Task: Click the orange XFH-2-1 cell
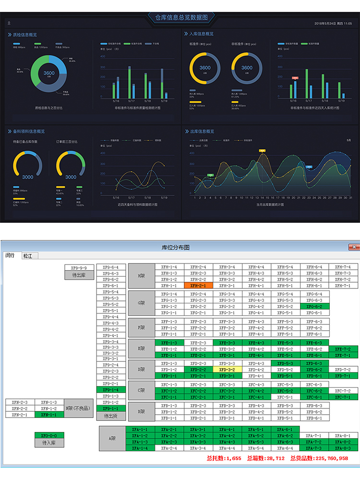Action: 198,286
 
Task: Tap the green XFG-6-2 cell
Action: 314,306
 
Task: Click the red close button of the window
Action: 354,247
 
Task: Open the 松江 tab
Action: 29,256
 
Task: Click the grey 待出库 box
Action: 79,275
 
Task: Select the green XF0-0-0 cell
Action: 49,436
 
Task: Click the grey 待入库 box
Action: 49,443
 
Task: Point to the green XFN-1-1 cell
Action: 49,415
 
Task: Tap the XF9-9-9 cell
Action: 79,268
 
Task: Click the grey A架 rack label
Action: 112,439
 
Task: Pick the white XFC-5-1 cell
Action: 285,397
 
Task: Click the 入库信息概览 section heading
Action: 201,34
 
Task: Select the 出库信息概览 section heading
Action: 201,131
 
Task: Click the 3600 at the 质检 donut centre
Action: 49,73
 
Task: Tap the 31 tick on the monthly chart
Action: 351,197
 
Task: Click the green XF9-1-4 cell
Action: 111,390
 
